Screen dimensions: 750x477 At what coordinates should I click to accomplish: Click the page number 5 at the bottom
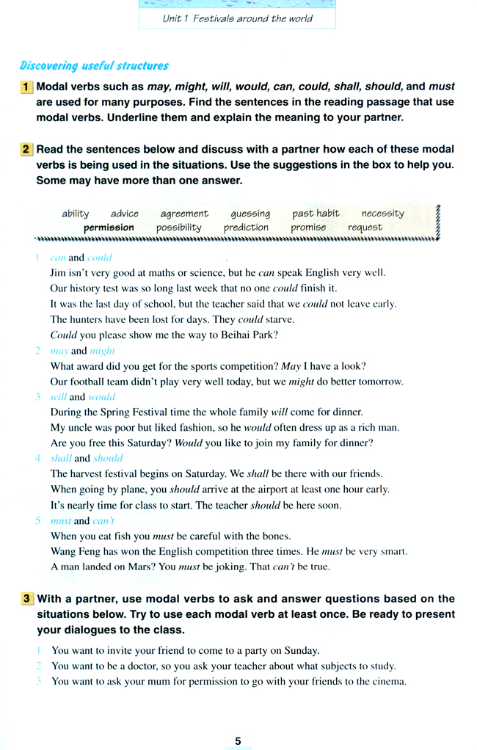238,741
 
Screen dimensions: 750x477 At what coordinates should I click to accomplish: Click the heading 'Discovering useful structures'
94,66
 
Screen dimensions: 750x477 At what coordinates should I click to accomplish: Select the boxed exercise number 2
26,149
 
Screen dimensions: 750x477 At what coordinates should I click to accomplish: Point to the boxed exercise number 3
26,599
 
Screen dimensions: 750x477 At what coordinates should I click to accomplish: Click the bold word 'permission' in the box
109,227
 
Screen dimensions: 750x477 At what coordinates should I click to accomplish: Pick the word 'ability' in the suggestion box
76,214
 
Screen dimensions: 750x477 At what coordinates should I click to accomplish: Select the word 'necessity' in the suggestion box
382,214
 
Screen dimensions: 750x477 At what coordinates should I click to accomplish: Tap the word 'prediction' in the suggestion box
246,227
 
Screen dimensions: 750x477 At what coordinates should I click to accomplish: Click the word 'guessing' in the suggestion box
250,214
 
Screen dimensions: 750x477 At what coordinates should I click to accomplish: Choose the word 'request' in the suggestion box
365,227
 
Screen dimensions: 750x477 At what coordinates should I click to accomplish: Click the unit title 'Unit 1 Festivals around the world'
237,18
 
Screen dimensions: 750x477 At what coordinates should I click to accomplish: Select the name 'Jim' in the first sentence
58,272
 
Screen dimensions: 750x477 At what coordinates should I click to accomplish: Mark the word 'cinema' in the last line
389,682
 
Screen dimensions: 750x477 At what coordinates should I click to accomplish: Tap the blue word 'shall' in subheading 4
60,459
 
